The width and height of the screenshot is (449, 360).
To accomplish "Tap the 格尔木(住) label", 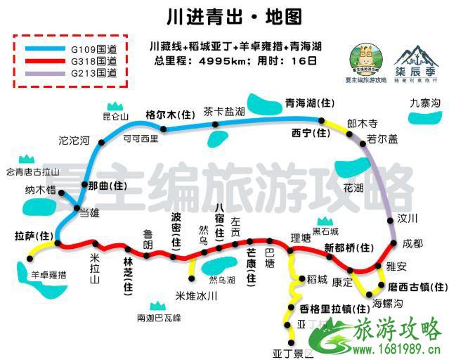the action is coord(169,114).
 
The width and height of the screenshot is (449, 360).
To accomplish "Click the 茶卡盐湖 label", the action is coord(223,111).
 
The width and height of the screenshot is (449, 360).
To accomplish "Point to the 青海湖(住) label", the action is coord(310,103).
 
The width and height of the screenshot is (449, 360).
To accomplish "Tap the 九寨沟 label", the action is coord(425,104).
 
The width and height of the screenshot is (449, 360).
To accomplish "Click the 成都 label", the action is coord(413,243).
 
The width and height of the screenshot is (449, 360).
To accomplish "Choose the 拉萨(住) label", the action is coord(34,234).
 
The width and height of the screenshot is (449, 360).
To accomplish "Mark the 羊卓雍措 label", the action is coord(48,275).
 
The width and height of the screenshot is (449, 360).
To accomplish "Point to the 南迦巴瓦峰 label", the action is coord(159,319).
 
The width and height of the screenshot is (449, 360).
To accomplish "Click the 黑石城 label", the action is coord(325,231).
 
